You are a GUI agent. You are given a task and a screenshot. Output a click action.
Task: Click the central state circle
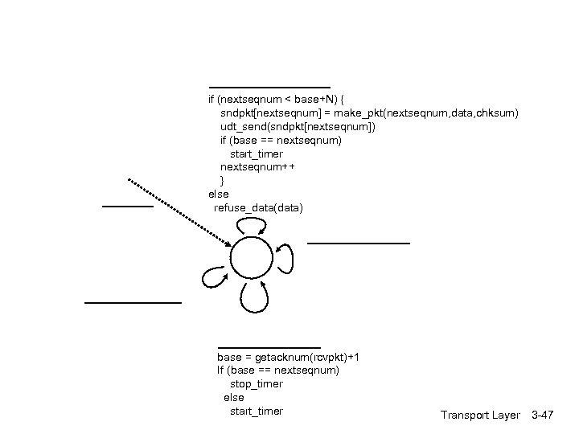click(252, 259)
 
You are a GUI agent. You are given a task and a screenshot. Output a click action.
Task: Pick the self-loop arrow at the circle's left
click(215, 276)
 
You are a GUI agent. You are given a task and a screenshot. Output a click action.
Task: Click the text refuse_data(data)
click(258, 208)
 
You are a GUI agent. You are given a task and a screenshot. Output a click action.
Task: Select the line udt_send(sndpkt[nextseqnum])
click(298, 126)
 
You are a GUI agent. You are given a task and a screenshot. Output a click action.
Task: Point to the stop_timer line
click(257, 384)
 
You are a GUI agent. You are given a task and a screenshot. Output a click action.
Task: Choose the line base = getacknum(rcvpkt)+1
click(288, 357)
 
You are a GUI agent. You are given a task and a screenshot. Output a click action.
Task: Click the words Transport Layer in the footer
click(480, 415)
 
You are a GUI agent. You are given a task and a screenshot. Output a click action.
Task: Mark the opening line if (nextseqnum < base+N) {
click(277, 99)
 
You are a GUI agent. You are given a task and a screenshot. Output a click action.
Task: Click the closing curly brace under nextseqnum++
click(223, 181)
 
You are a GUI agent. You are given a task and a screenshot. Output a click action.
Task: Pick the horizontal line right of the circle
click(359, 242)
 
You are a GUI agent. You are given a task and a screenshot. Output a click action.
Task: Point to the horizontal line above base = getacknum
click(269, 347)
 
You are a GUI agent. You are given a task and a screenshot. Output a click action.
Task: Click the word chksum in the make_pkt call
click(499, 113)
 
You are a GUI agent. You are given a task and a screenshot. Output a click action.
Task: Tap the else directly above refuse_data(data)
click(219, 194)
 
